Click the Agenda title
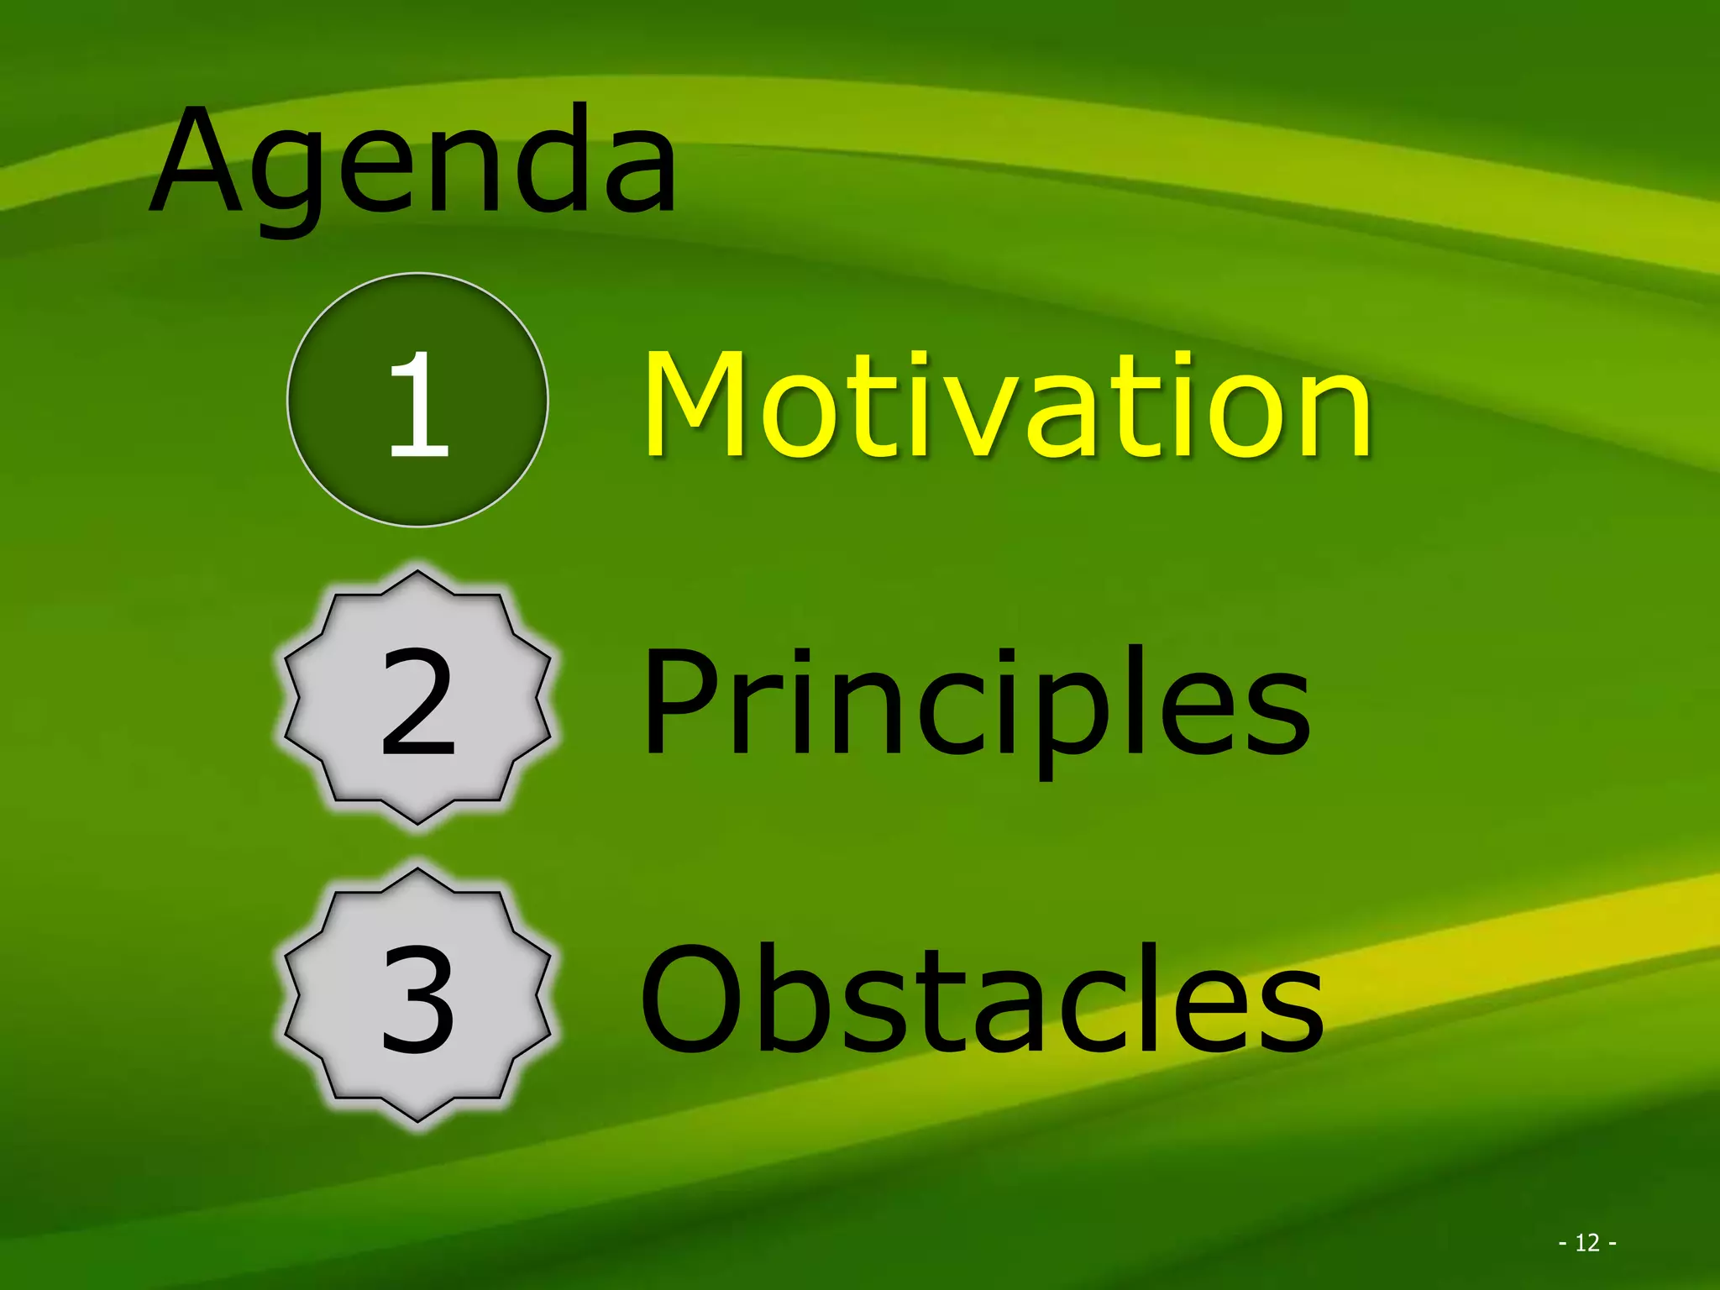(x=413, y=164)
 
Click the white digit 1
(x=417, y=403)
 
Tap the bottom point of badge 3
(x=417, y=1120)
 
